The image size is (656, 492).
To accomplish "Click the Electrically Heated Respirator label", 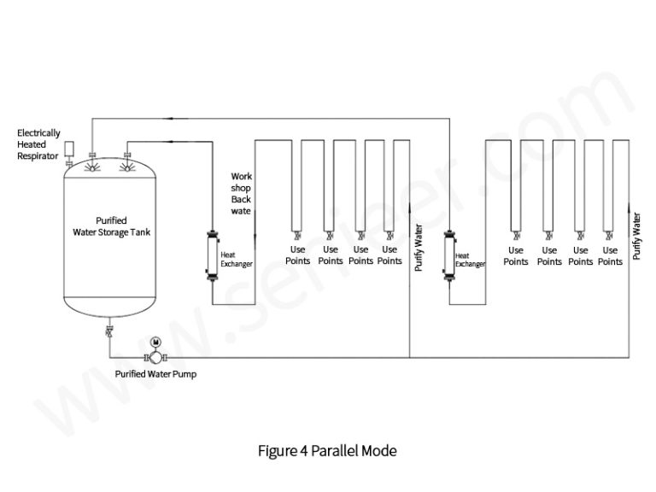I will click(39, 144).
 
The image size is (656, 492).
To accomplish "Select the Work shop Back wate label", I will click(242, 193).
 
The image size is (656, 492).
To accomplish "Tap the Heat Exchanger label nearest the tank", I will click(236, 259).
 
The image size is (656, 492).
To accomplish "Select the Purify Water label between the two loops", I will click(419, 248).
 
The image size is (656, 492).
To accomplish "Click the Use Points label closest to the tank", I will click(297, 255).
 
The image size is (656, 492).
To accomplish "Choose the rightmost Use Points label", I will click(609, 256).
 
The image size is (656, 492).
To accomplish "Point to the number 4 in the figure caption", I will click(303, 450).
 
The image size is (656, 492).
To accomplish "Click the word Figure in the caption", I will click(277, 450).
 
